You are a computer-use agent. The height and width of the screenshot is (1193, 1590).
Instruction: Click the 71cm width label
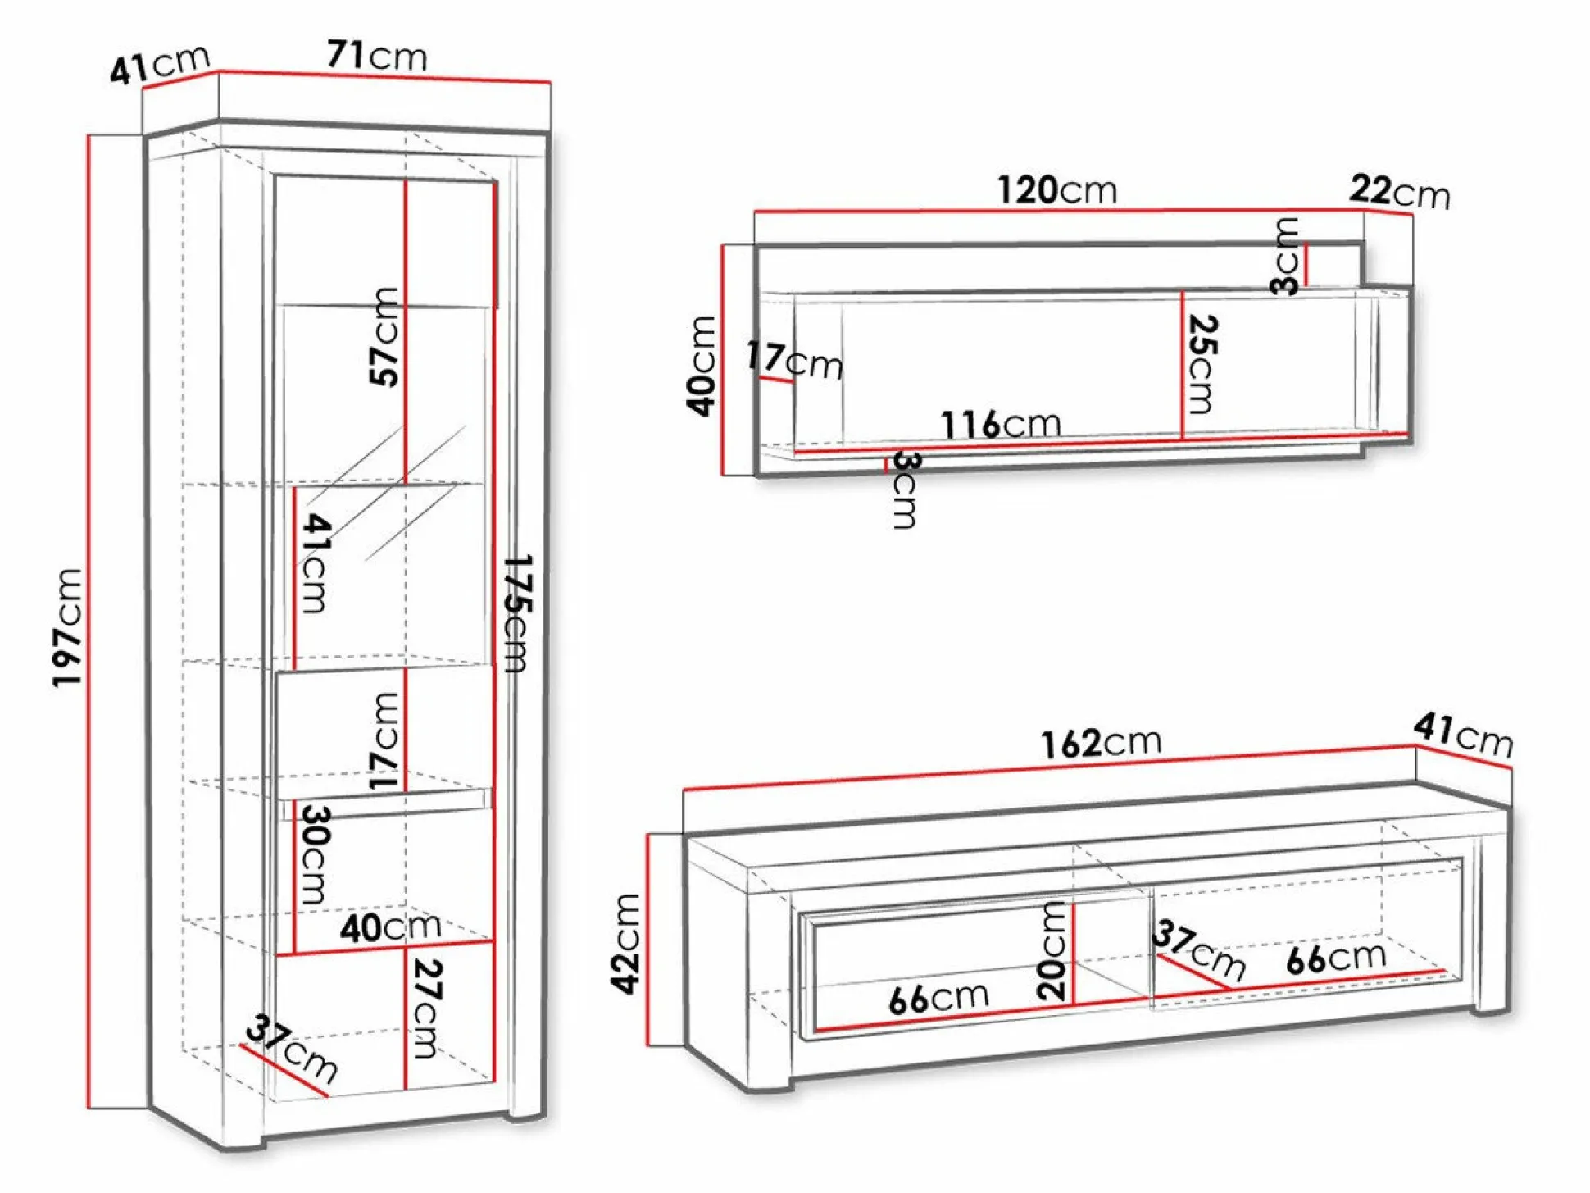coord(377,55)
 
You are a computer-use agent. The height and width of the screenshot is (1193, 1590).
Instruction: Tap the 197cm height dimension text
coord(68,628)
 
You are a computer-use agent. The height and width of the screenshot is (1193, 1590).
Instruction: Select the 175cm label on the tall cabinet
coord(517,613)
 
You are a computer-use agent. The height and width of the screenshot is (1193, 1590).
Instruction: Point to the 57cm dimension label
coord(384,336)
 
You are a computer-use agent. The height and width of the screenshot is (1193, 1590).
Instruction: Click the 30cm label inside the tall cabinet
coord(315,855)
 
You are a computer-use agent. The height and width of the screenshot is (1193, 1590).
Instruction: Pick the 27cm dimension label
coord(426,1009)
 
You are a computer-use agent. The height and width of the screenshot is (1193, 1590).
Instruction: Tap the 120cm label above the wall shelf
coord(1056,190)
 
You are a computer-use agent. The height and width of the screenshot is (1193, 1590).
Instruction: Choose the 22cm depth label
coord(1399,192)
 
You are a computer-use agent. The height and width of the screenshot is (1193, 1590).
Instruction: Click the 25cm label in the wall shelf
coord(1202,364)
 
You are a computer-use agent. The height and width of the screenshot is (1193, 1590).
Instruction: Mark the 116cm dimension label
coord(1001,424)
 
